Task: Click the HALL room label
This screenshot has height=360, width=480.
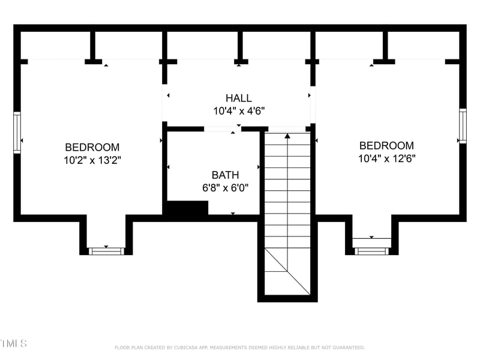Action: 239,98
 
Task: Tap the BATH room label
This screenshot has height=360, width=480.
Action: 225,175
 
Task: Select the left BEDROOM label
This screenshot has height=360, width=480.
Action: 92,147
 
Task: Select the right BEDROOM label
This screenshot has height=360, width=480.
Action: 386,145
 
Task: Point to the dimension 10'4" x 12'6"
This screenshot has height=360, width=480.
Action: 386,158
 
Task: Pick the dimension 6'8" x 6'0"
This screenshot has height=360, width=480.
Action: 225,188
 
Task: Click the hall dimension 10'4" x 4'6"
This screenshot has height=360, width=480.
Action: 239,111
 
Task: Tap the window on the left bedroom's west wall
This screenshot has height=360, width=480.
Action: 17,133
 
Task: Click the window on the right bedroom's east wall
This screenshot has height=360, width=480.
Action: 463,126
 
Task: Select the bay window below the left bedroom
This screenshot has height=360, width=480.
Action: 106,251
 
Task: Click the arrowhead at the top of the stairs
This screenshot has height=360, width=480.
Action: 287,136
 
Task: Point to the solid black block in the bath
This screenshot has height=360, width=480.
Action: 187,208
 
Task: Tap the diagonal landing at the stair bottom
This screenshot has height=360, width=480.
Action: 287,272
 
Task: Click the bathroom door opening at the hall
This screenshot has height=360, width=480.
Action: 223,128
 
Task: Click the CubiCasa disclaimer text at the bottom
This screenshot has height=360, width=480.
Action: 239,347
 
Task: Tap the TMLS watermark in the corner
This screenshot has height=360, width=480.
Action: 13,344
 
